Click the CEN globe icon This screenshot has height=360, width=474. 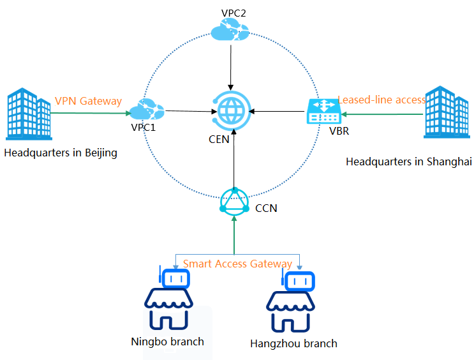pyautogui.click(x=231, y=109)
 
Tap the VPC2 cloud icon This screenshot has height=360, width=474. pyautogui.click(x=230, y=29)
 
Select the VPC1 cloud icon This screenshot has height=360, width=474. pyautogui.click(x=146, y=110)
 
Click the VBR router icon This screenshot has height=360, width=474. pyautogui.click(x=324, y=111)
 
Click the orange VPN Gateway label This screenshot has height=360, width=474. pyautogui.click(x=88, y=101)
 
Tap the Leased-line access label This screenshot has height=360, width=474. pyautogui.click(x=381, y=100)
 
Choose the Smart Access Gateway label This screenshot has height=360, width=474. pyautogui.click(x=237, y=264)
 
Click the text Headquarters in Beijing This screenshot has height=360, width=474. pyautogui.click(x=61, y=153)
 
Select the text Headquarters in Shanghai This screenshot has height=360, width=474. pyautogui.click(x=408, y=161)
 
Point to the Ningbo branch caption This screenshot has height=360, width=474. pyautogui.click(x=167, y=341)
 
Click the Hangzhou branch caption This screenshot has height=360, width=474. pyautogui.click(x=293, y=343)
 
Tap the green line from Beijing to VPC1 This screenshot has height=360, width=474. pyautogui.click(x=89, y=114)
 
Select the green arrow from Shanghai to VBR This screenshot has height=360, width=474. pyautogui.click(x=383, y=114)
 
